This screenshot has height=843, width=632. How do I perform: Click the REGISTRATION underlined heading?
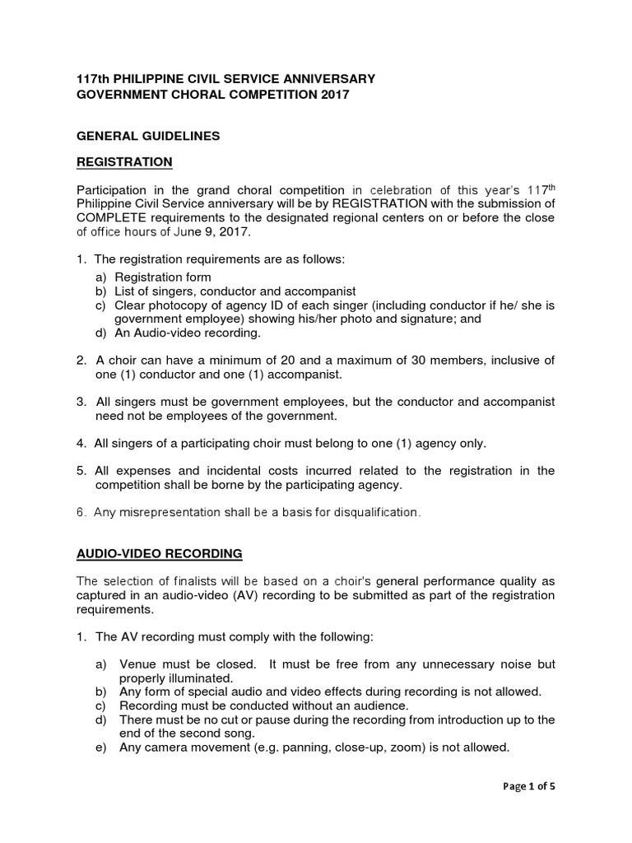click(x=124, y=161)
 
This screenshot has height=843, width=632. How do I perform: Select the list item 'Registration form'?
click(x=163, y=277)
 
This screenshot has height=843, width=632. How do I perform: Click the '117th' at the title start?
click(x=92, y=79)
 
